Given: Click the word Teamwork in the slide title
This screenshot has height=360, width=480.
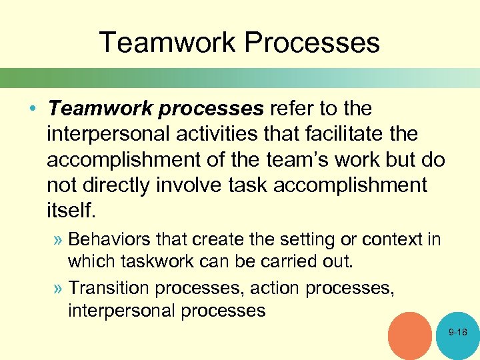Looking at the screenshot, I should tap(167, 42).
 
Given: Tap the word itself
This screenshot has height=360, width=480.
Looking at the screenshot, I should tap(71, 211).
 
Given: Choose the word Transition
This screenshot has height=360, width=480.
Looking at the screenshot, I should tap(110, 287).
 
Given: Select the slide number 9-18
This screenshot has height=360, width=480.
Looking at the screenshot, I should tap(458, 331).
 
